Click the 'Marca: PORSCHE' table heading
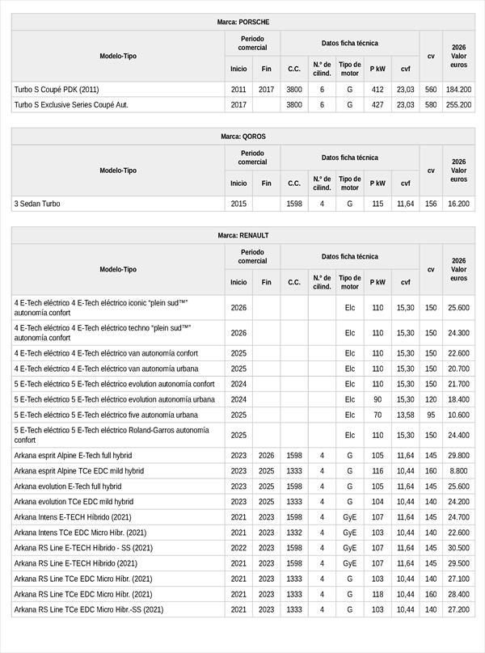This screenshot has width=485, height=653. [x=243, y=22]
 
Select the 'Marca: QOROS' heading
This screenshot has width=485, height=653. [x=243, y=137]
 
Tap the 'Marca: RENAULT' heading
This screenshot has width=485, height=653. [x=243, y=235]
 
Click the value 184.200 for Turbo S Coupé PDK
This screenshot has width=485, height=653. [x=458, y=90]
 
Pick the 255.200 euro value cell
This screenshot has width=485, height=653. [x=458, y=105]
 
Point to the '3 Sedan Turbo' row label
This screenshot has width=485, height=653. [x=37, y=204]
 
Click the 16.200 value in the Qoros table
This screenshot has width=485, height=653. [x=458, y=204]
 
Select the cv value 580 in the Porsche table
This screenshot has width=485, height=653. [x=431, y=105]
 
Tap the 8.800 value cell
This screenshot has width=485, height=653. [x=458, y=471]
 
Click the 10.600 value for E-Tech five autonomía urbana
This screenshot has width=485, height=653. [x=458, y=415]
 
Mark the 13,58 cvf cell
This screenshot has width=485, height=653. [x=405, y=415]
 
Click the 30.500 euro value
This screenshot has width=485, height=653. [x=458, y=548]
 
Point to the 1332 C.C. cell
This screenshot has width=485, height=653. [x=294, y=533]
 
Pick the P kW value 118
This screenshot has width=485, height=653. [x=377, y=594]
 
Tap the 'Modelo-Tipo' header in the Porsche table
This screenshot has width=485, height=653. [x=118, y=56]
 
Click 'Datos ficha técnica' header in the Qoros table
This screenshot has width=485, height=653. [x=349, y=158]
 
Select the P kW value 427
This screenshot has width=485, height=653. [x=377, y=105]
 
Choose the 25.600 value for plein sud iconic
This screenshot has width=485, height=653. [x=458, y=307]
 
